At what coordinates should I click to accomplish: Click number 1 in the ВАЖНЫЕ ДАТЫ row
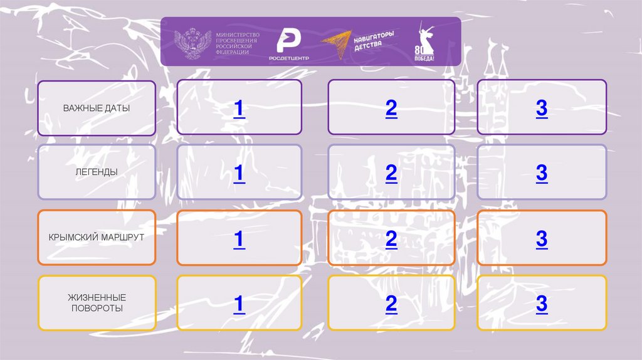(239, 109)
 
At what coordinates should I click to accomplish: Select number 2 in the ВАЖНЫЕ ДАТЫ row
(391, 109)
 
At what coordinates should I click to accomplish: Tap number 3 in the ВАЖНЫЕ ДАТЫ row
(542, 109)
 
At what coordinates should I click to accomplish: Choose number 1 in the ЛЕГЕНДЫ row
(239, 173)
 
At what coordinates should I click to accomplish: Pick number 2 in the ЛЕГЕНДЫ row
(391, 173)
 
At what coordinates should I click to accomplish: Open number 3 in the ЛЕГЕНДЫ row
(542, 173)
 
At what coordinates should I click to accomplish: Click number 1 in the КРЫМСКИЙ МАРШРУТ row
(239, 239)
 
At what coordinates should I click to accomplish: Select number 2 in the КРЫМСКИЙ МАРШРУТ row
(391, 239)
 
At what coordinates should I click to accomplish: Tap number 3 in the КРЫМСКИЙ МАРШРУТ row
(542, 239)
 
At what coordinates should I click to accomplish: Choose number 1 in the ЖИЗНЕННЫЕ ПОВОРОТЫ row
(239, 304)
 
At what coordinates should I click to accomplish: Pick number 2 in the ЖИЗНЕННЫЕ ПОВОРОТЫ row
(391, 304)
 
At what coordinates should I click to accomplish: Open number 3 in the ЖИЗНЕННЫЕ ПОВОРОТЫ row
(542, 304)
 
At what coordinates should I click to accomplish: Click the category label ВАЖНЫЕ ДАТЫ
(97, 108)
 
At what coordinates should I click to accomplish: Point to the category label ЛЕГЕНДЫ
(97, 172)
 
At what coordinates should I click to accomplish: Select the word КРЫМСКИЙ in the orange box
(73, 237)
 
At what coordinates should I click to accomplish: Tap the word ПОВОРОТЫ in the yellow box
(97, 309)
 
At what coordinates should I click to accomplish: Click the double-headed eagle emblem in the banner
(192, 43)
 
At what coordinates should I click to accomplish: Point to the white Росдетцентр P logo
(288, 41)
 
